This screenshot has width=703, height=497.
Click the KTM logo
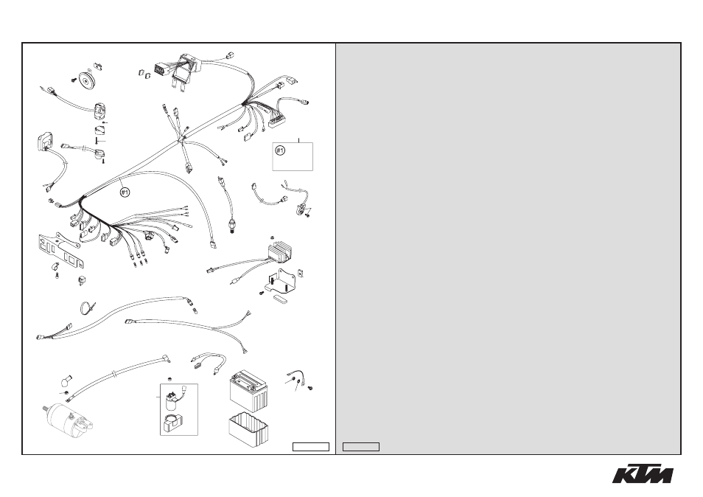(643, 473)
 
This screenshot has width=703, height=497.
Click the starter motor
(69, 418)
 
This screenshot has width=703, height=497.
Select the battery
(249, 390)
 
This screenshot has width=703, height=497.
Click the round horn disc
(84, 80)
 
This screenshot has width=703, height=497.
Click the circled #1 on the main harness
(125, 192)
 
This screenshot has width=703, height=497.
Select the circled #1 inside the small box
(280, 150)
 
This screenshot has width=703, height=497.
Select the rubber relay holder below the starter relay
(172, 424)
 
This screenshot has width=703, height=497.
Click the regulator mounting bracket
(282, 280)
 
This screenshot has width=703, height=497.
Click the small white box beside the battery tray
(311, 447)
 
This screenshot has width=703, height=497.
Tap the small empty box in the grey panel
(361, 447)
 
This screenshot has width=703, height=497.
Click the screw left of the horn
(73, 80)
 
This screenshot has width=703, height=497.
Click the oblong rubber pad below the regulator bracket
(281, 299)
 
